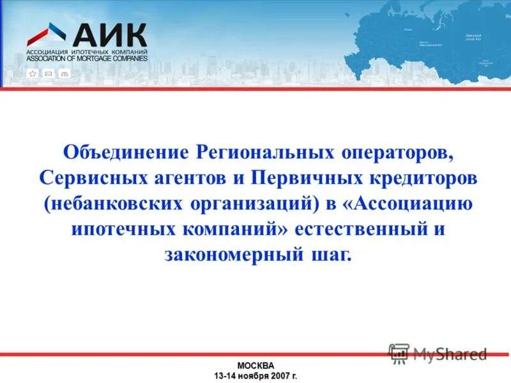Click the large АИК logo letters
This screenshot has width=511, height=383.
pos(109,35)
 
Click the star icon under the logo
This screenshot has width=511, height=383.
pos(33,73)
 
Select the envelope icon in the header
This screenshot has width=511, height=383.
pos(48,73)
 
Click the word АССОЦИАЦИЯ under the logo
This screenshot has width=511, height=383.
pos(47,52)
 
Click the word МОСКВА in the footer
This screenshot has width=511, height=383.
pos(256,366)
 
